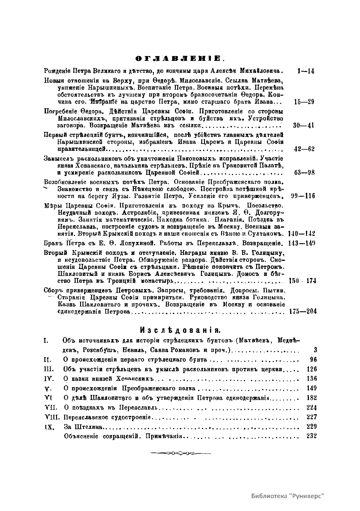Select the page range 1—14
tap(304, 71)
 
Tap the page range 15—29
tap(304, 102)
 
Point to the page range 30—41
tap(304, 125)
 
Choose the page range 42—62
tap(304, 149)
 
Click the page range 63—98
tap(304, 173)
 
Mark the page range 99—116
tap(303, 196)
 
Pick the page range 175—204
tap(303, 311)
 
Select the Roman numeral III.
tap(48, 369)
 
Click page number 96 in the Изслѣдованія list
tap(313, 360)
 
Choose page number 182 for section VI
tap(312, 398)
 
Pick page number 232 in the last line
tap(312, 436)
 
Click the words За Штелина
tap(84, 427)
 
